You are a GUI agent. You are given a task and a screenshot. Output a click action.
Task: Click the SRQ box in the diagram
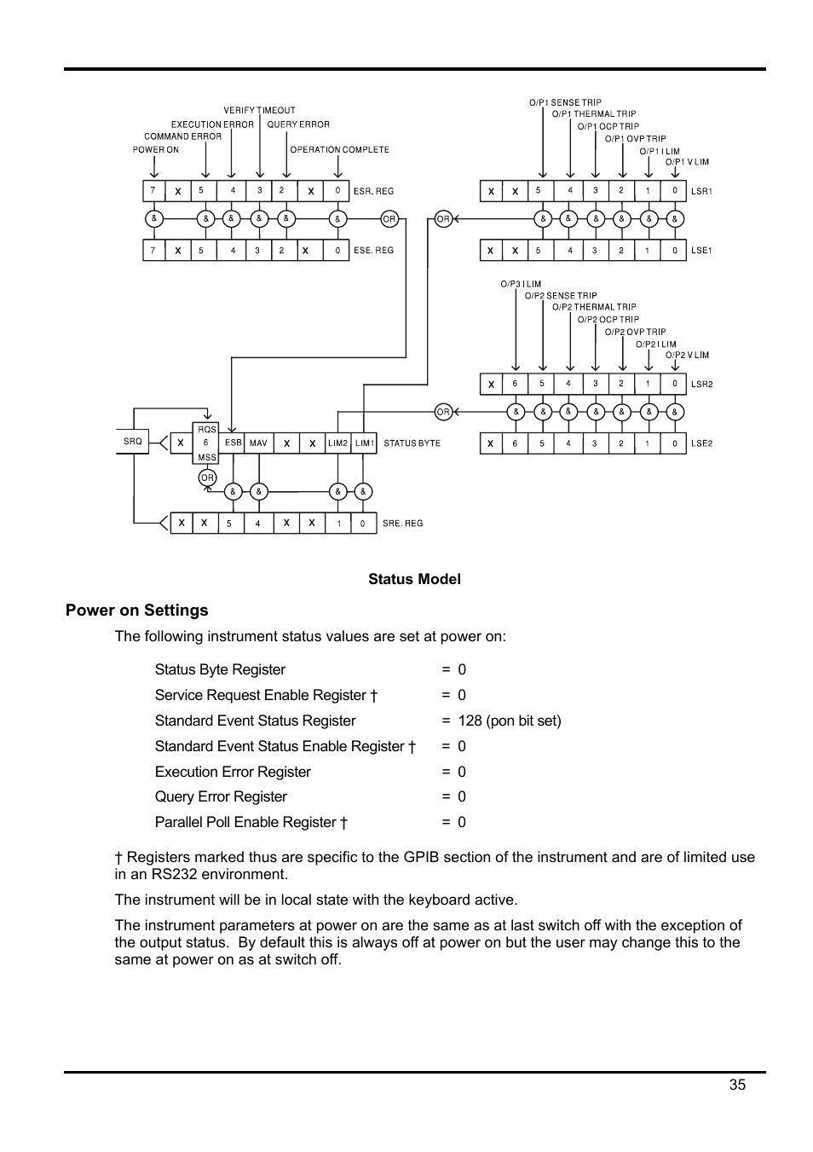click(x=132, y=442)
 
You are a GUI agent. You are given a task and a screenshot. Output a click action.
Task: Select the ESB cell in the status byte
click(x=233, y=443)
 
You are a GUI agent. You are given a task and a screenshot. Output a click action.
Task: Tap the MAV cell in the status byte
click(x=258, y=443)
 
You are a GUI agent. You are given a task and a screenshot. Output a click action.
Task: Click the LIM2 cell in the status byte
click(x=338, y=443)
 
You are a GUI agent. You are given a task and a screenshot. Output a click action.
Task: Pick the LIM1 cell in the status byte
click(x=364, y=443)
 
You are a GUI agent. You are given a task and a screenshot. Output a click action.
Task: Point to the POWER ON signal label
click(x=155, y=150)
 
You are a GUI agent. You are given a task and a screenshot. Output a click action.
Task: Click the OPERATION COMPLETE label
click(x=339, y=150)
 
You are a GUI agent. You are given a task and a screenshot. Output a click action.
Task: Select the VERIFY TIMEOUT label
click(x=259, y=111)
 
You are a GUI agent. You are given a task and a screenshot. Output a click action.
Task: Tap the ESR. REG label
click(x=373, y=192)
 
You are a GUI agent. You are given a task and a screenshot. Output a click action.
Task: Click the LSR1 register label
click(x=701, y=192)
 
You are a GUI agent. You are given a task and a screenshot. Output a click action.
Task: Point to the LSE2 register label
click(x=701, y=443)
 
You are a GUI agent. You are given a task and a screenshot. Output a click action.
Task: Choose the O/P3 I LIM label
click(x=520, y=284)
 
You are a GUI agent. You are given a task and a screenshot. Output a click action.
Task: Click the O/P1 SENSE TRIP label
click(x=564, y=102)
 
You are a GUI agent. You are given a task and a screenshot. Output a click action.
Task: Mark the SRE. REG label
click(x=402, y=524)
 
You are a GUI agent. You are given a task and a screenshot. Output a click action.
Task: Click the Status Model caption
click(x=414, y=580)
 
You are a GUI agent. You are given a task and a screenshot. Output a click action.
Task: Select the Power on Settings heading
click(x=136, y=611)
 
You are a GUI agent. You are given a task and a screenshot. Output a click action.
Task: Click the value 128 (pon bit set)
click(x=509, y=721)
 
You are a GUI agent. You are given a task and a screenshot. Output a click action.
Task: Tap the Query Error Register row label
click(x=221, y=796)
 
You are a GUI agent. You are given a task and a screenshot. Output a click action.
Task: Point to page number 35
click(x=737, y=1085)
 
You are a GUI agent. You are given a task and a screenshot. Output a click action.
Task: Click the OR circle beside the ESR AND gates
click(x=389, y=219)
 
